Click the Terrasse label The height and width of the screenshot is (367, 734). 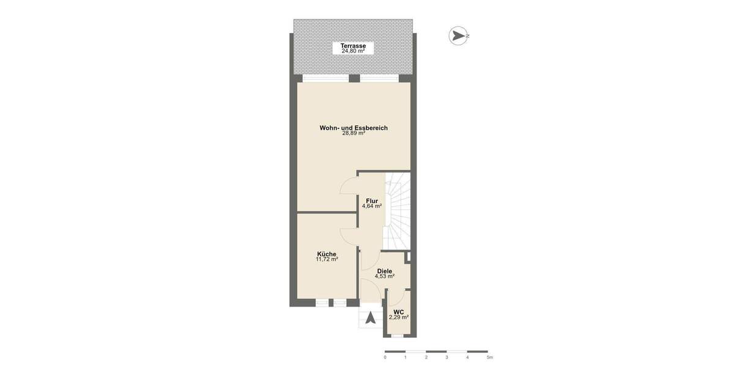[x=353, y=46]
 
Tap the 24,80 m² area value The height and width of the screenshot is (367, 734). [x=353, y=51]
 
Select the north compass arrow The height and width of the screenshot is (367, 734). [x=457, y=36]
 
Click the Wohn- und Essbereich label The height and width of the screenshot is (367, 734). [x=354, y=128]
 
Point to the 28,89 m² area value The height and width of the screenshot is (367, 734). [x=354, y=133]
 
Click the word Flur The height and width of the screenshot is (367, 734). [x=371, y=201]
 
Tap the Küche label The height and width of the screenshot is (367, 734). [x=327, y=254]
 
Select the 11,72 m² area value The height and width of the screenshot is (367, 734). [x=327, y=259]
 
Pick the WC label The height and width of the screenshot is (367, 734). [x=398, y=311]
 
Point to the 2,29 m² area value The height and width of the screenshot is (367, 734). [x=398, y=317]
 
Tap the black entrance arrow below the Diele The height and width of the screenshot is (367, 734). [x=371, y=318]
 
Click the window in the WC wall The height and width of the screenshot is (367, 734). [x=398, y=335]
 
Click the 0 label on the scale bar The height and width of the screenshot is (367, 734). [x=385, y=357]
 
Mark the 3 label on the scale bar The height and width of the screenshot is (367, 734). [x=447, y=357]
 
